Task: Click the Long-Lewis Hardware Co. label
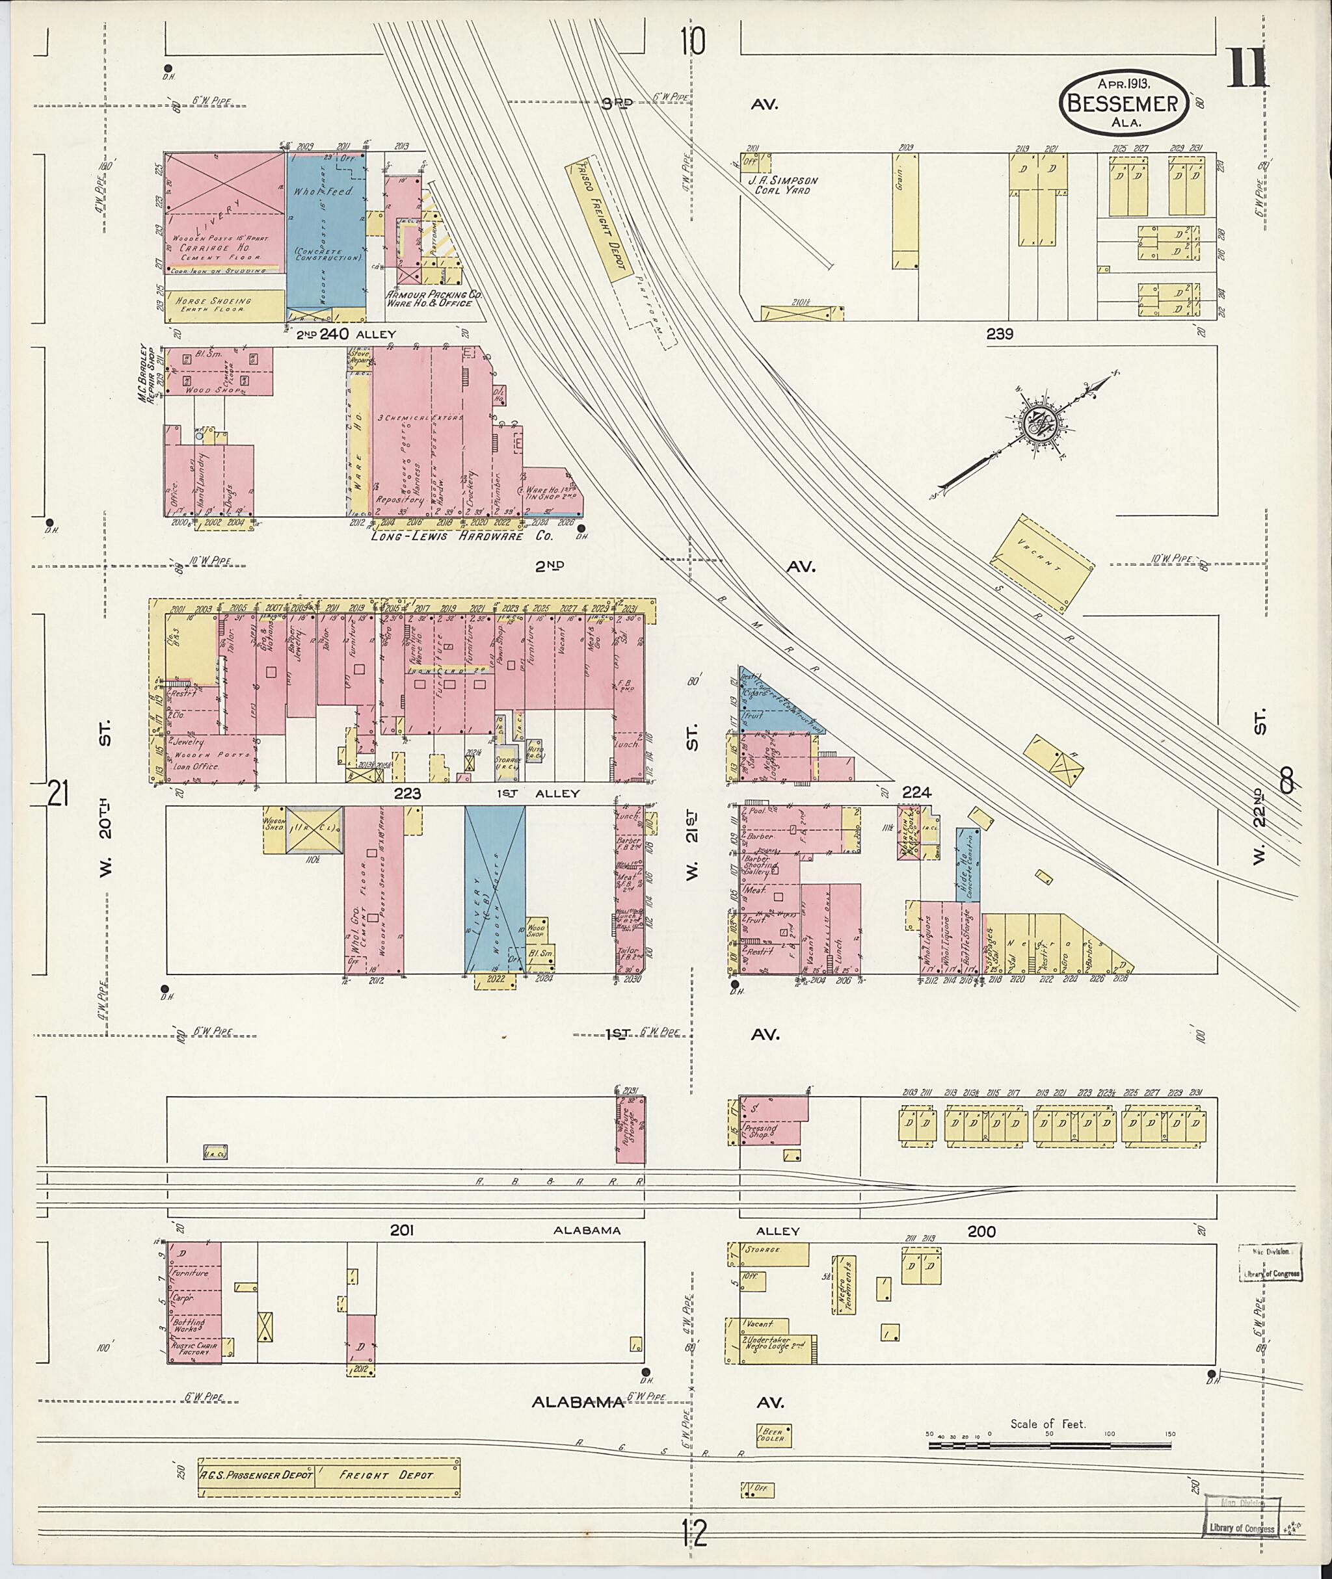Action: click(x=462, y=537)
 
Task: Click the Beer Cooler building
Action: click(x=774, y=1433)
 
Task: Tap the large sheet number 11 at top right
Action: click(x=1248, y=70)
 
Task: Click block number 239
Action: click(x=999, y=333)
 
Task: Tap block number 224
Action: click(x=916, y=792)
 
